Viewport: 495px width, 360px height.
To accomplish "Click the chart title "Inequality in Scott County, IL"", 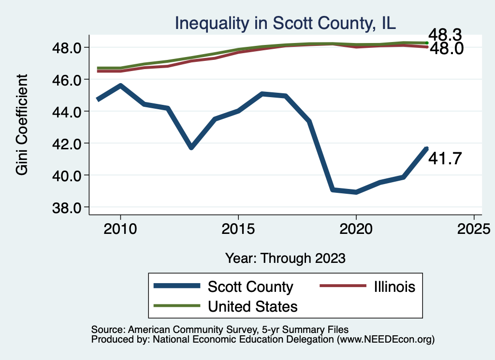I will (285, 23).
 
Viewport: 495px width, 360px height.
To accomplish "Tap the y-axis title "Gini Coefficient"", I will (22, 125).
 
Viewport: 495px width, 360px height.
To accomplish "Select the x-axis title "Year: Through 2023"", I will (285, 258).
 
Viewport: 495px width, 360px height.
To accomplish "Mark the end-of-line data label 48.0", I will (446, 49).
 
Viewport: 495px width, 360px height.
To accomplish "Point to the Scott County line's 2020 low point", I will (356, 192).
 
